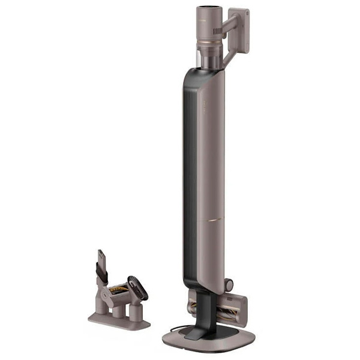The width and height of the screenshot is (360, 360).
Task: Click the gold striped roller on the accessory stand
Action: [x=118, y=291]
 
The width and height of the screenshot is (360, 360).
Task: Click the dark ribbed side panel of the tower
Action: [x=190, y=180]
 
